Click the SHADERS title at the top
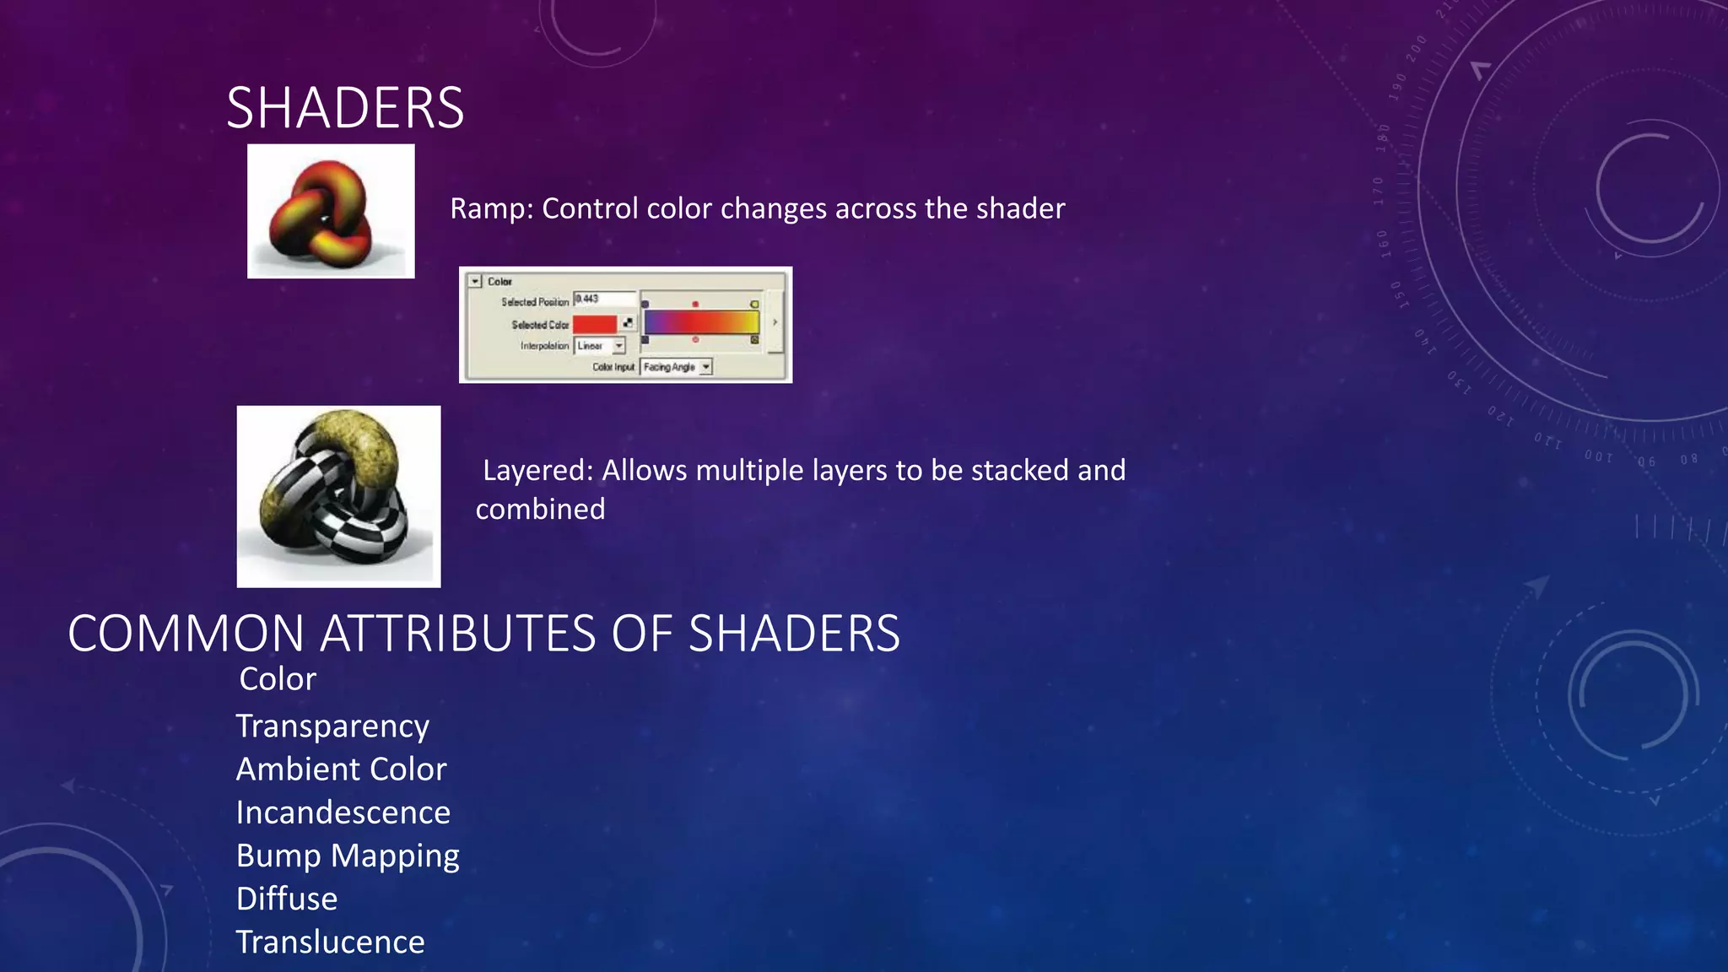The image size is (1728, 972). [x=345, y=108]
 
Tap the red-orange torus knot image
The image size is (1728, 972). [x=330, y=211]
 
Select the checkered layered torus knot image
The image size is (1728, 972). [x=338, y=496]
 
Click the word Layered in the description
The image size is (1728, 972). [x=537, y=470]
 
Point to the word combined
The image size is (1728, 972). [x=540, y=510]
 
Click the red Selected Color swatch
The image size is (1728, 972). [x=595, y=324]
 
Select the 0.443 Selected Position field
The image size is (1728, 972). [x=604, y=300]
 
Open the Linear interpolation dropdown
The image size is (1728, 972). [x=600, y=346]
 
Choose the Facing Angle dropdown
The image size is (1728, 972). [x=677, y=367]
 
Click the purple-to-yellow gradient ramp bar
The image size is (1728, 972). [x=701, y=322]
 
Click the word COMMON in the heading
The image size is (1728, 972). [x=186, y=634]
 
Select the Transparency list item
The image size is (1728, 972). [x=332, y=726]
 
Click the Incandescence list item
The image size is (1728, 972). [x=343, y=813]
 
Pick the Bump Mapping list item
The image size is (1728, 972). [x=348, y=856]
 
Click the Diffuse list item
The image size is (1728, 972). [x=287, y=899]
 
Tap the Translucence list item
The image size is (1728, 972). [x=330, y=942]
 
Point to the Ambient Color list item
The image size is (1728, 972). [x=341, y=769]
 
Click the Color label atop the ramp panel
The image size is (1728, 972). [x=499, y=282]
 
